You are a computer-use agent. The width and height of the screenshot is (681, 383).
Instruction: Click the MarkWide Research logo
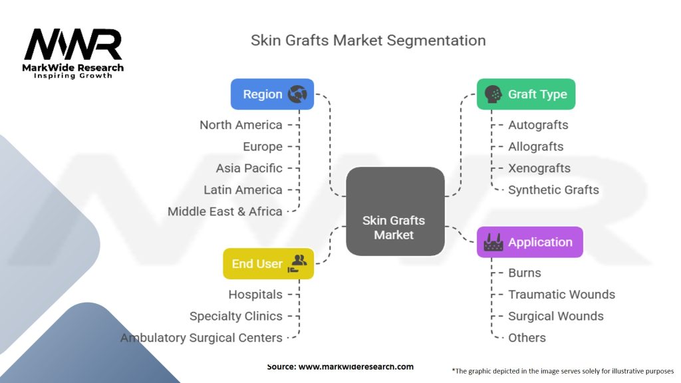pos(73,53)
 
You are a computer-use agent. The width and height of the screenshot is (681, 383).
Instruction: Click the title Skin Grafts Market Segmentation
pos(368,40)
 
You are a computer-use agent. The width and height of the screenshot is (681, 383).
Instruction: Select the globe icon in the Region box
pos(297,94)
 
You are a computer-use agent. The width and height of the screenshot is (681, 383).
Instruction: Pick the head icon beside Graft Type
pos(493,94)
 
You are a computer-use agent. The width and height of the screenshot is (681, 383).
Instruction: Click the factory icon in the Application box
pos(493,243)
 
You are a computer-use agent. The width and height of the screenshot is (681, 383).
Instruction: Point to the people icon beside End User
pos(297,263)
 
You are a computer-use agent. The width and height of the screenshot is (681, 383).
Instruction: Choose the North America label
pos(241,125)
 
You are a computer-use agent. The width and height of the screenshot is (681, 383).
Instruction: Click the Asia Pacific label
pos(249,168)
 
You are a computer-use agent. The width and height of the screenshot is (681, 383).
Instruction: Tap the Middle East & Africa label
pos(225,211)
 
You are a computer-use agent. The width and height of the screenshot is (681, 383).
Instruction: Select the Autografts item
pos(538,125)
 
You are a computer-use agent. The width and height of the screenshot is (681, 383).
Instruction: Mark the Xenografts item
pos(539,168)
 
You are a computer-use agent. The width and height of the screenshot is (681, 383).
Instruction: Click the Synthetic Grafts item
pos(553,190)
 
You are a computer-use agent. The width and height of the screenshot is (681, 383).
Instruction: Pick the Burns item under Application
pos(525,273)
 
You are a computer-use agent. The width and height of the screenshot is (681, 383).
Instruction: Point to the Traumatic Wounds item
pos(561,295)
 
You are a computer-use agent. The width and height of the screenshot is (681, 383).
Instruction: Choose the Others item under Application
pos(527,338)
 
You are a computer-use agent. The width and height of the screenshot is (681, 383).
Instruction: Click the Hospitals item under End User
pos(255,295)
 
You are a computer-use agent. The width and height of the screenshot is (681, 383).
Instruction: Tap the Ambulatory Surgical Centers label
pos(201,338)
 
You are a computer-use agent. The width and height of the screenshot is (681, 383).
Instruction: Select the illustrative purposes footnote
pos(562,370)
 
